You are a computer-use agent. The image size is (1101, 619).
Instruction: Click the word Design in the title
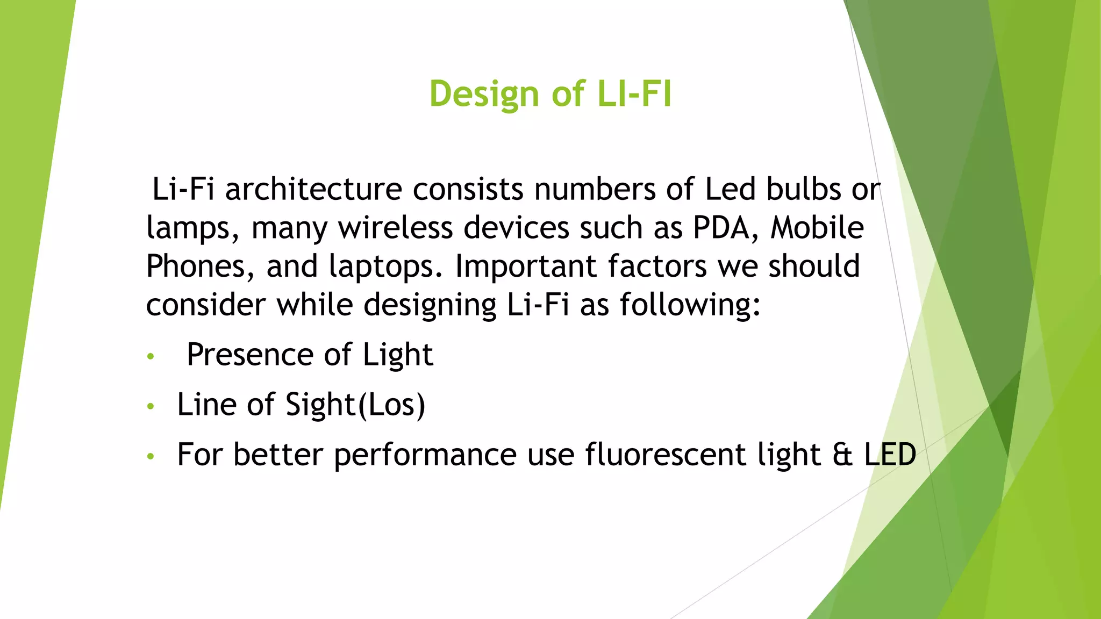(484, 95)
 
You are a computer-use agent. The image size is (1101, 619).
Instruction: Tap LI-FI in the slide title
(634, 95)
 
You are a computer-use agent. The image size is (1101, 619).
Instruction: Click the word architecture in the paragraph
(313, 190)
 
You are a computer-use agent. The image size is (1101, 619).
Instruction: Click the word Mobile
(817, 228)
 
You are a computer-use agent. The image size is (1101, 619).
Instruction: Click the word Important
(526, 267)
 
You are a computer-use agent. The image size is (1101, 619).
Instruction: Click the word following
(690, 305)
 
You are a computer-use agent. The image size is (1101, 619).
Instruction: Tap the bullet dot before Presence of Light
(151, 356)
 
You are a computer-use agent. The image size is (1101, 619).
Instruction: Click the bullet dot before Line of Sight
(151, 406)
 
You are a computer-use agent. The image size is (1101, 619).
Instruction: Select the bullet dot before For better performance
(151, 456)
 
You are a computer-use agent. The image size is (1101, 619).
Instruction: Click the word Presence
(250, 355)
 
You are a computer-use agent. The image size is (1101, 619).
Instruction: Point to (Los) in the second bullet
(391, 405)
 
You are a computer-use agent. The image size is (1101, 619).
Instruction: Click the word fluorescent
(665, 455)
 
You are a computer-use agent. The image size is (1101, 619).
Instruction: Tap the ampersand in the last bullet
(842, 455)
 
